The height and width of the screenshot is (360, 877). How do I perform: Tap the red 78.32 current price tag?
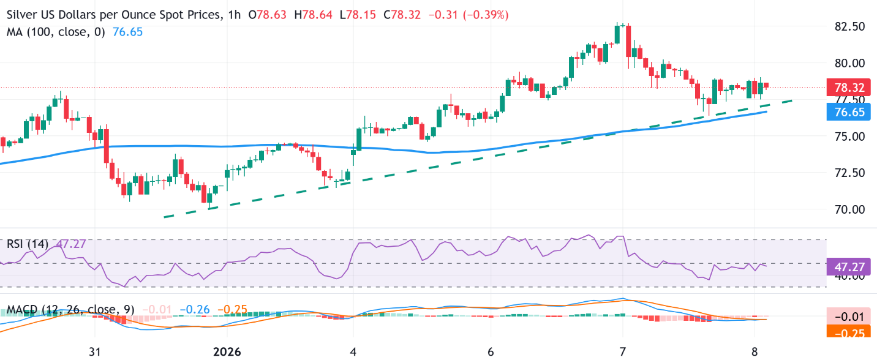tap(849, 87)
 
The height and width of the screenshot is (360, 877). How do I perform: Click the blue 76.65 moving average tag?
tap(849, 111)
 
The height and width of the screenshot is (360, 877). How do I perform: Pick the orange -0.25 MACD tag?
tap(849, 332)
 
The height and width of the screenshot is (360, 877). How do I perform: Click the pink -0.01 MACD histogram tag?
tap(849, 317)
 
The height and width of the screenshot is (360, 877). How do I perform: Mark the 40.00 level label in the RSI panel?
tap(848, 276)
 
